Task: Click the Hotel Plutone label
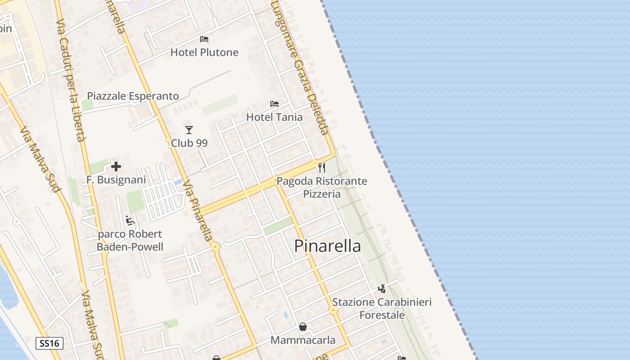tap(204, 52)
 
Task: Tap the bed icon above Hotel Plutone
tap(204, 39)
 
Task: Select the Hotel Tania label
tap(274, 117)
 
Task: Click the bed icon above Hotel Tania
tap(274, 104)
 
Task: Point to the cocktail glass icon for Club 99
tap(189, 130)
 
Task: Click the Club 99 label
tap(189, 143)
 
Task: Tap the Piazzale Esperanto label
tap(133, 96)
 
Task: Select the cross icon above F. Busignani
tap(116, 166)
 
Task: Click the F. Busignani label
tap(116, 180)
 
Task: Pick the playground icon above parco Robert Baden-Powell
tap(130, 220)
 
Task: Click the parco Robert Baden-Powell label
tap(130, 240)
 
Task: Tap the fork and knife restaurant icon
tap(322, 168)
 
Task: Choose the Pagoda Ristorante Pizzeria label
tap(322, 188)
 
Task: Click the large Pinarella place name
tap(327, 246)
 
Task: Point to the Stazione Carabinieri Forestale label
tap(382, 308)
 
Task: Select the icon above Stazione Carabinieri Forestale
tap(382, 289)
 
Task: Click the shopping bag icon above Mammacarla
tap(303, 327)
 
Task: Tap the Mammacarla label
tap(303, 340)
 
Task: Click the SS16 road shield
tap(49, 343)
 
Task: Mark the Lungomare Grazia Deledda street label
tap(301, 67)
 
